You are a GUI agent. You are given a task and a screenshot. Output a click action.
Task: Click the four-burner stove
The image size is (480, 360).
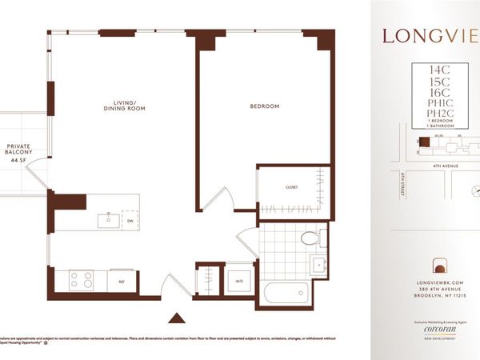[x=82, y=279]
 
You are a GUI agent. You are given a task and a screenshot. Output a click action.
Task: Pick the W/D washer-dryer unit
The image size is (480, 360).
[x=239, y=281]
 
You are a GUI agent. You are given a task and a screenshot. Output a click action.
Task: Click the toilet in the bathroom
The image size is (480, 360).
[x=309, y=238]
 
